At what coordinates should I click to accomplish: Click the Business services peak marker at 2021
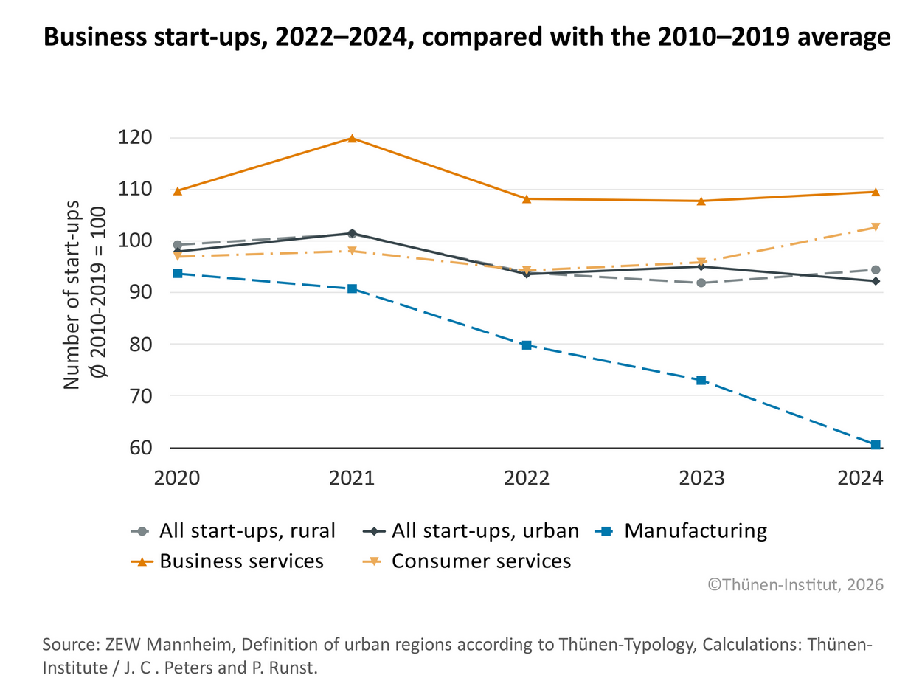click(352, 138)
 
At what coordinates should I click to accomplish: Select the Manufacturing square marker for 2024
click(876, 445)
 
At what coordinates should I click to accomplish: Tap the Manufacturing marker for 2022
click(527, 345)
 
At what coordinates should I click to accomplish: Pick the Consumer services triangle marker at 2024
click(876, 227)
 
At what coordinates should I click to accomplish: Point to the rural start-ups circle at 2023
click(701, 283)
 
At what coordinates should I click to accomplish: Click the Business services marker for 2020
click(178, 191)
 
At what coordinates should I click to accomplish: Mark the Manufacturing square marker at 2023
click(701, 381)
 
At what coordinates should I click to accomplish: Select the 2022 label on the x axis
click(527, 477)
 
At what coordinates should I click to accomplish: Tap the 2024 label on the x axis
click(860, 477)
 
